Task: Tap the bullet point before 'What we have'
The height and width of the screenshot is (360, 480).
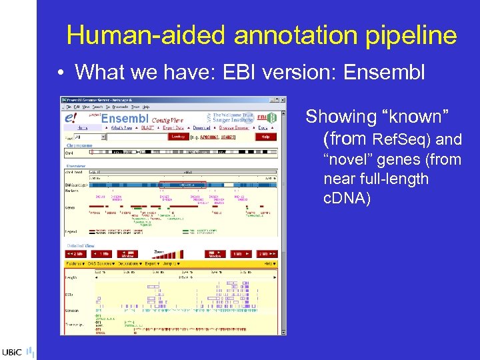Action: [61, 71]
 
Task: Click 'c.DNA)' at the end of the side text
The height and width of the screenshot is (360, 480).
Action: [347, 198]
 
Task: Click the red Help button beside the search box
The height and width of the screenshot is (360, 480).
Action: [265, 136]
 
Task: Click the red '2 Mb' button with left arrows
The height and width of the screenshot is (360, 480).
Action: [75, 254]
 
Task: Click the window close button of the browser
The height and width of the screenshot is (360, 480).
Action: [283, 100]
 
